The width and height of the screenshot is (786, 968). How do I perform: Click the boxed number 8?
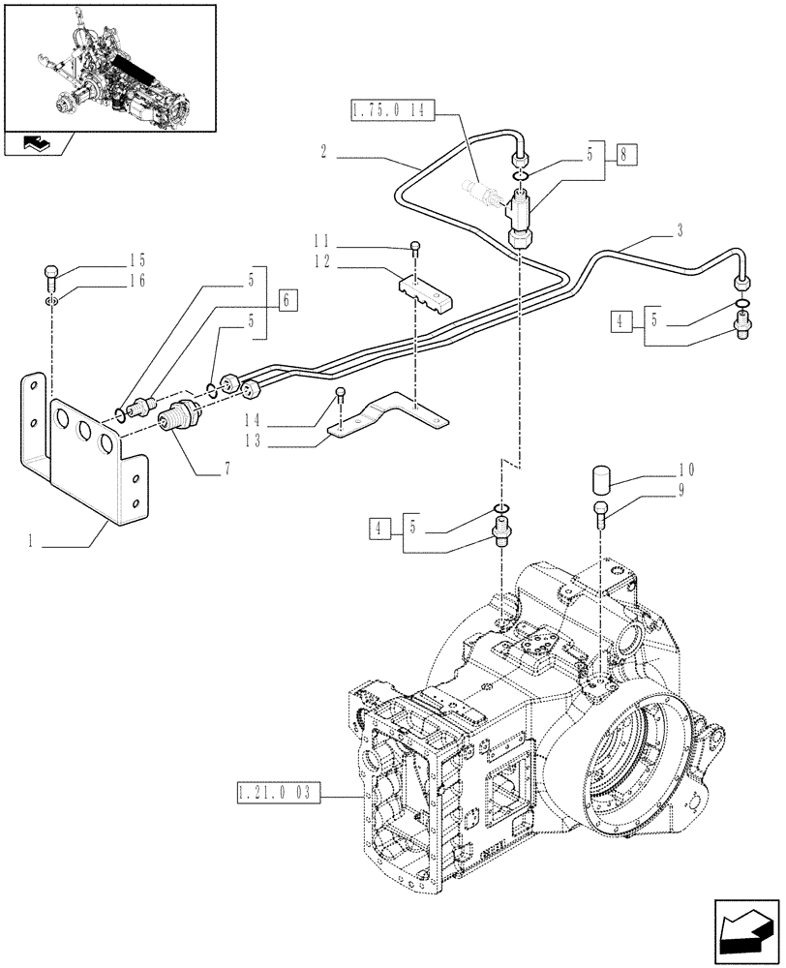pyautogui.click(x=625, y=153)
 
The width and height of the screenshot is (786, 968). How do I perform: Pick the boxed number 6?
pyautogui.click(x=287, y=300)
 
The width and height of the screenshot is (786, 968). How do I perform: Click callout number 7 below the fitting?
pyautogui.click(x=228, y=469)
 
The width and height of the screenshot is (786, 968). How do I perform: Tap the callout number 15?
pyautogui.click(x=136, y=259)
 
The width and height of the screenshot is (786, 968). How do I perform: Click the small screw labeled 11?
pyautogui.click(x=415, y=246)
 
